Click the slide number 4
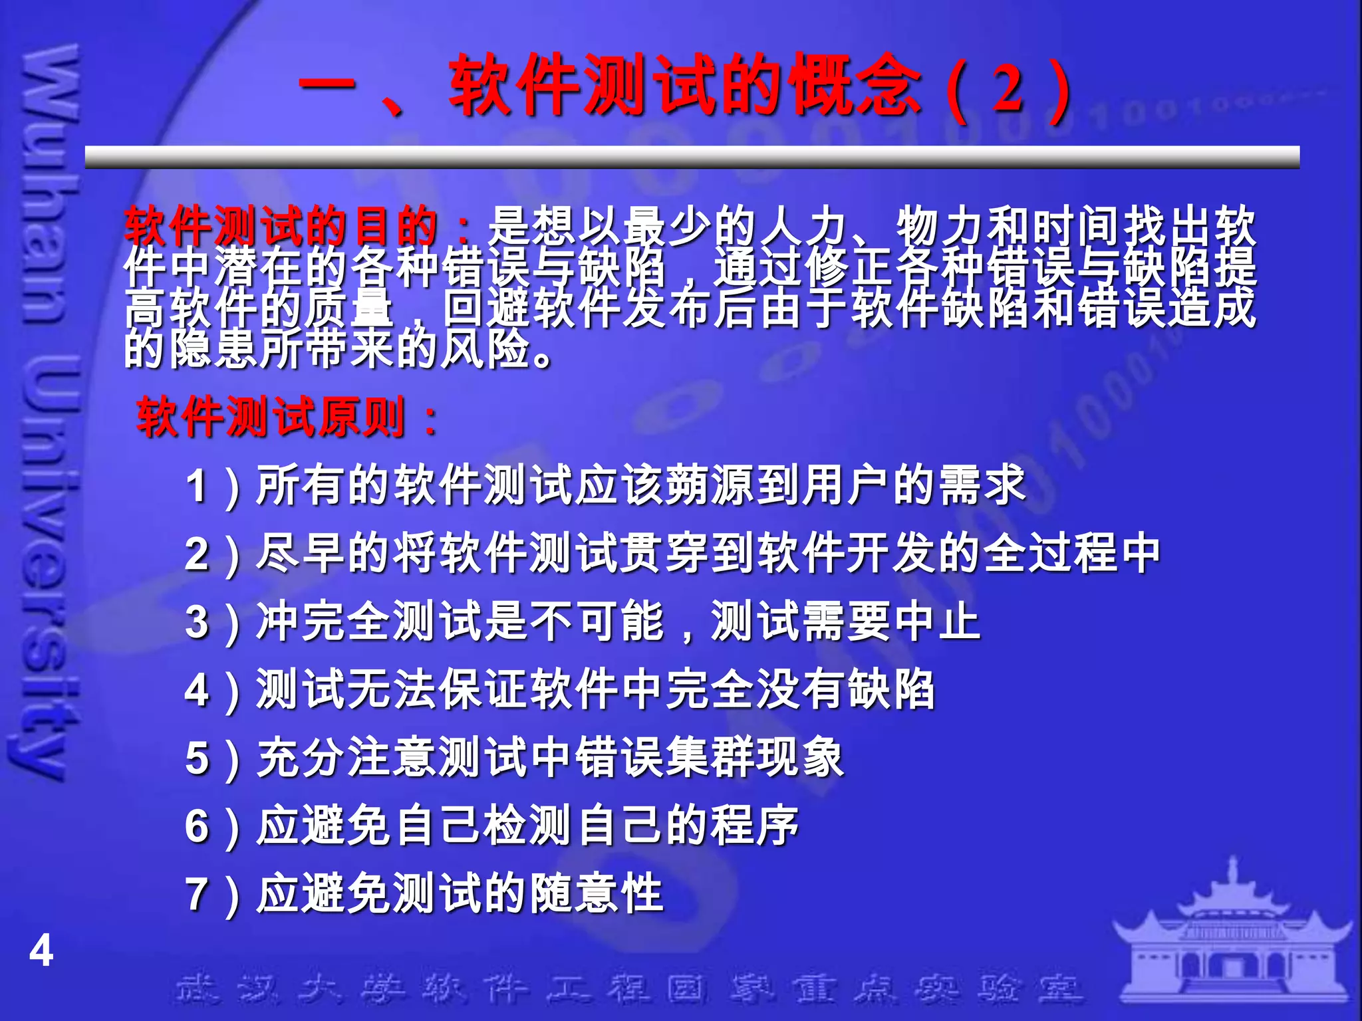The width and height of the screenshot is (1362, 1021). coord(41,951)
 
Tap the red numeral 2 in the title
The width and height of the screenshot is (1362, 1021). coord(1008,90)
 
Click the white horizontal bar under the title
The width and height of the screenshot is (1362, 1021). coord(692,157)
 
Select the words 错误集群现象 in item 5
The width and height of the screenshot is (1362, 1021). coord(709,758)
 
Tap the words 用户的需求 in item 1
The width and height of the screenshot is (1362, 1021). coord(914,485)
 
